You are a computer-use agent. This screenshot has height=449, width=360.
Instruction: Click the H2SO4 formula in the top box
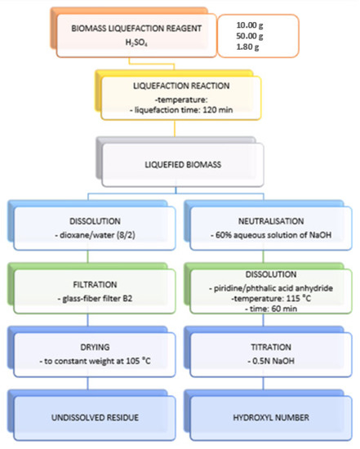(x=136, y=42)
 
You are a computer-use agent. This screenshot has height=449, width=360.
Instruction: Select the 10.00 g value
(x=250, y=25)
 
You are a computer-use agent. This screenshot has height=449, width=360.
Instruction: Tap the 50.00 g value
(x=250, y=36)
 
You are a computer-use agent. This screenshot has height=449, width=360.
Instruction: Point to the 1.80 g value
(x=247, y=47)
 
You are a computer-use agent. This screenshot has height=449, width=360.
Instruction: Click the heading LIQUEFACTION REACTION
(x=181, y=86)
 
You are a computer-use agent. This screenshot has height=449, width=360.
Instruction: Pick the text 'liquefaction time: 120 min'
(x=184, y=110)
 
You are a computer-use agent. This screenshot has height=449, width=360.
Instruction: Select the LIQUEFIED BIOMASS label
(x=183, y=165)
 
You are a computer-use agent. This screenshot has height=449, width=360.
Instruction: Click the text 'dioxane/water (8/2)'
(x=97, y=235)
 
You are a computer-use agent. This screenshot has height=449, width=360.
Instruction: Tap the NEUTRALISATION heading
(x=271, y=221)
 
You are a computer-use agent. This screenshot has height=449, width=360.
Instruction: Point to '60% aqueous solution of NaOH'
(x=273, y=235)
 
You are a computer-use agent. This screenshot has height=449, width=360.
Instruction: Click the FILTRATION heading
(x=95, y=284)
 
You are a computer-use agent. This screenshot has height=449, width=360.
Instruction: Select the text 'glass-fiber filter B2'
(x=97, y=299)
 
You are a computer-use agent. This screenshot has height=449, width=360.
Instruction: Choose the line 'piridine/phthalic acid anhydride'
(x=273, y=288)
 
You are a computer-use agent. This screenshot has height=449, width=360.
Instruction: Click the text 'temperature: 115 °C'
(x=273, y=299)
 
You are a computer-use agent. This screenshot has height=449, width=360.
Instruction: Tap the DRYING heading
(x=95, y=347)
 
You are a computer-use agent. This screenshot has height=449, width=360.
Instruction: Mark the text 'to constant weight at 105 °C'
(x=97, y=361)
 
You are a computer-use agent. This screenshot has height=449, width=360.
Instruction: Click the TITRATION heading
(x=271, y=347)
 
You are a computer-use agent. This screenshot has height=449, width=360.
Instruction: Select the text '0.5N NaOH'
(x=273, y=361)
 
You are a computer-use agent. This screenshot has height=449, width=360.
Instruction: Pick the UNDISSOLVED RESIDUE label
(x=95, y=417)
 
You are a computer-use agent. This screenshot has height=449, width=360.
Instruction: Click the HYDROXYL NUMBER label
(x=271, y=417)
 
